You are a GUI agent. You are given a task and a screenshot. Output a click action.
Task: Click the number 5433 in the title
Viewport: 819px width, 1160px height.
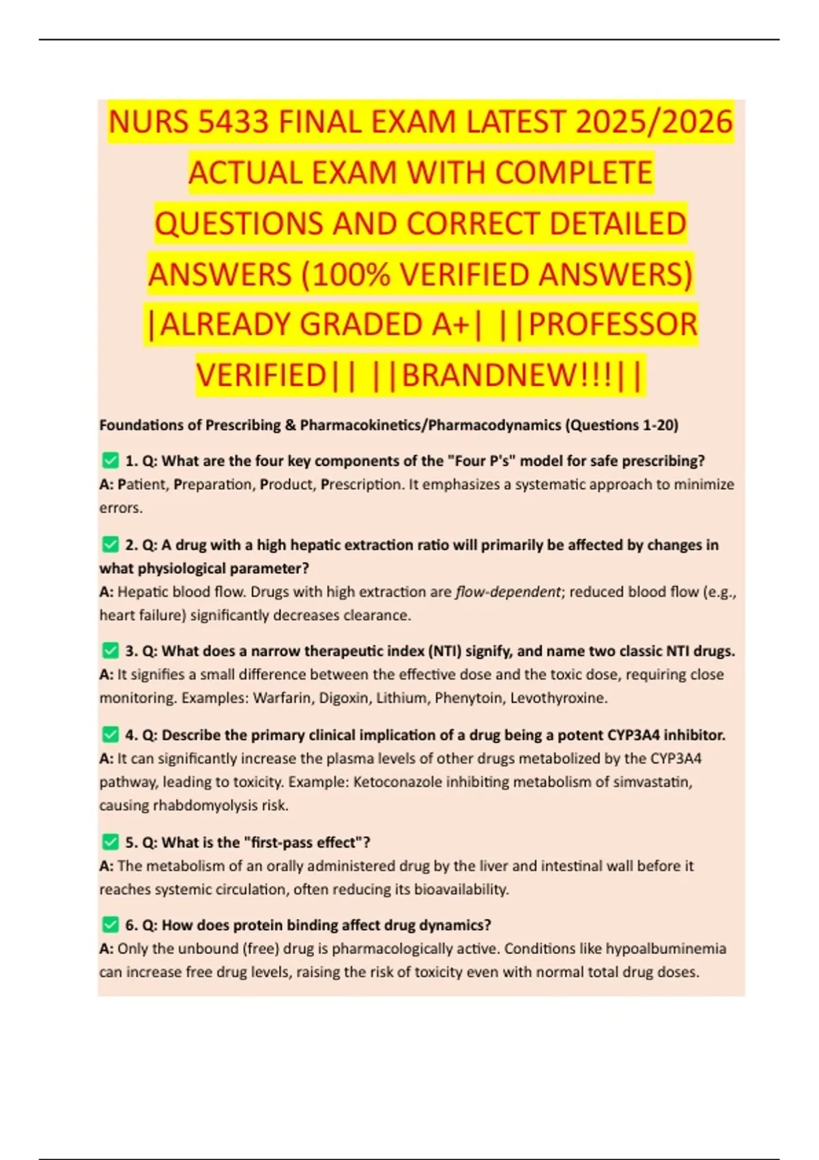(234, 123)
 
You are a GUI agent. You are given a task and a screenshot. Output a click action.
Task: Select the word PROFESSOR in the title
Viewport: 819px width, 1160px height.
(613, 325)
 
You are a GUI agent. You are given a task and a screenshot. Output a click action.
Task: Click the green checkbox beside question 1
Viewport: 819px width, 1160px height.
(110, 461)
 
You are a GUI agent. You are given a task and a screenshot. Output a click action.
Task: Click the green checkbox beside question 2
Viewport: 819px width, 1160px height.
(110, 545)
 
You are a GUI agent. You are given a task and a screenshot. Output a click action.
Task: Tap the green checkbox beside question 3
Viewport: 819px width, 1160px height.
(110, 650)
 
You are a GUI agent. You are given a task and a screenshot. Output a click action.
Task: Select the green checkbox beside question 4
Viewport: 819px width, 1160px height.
(110, 735)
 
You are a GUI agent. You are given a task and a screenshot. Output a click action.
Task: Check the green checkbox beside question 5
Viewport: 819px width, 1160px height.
(110, 842)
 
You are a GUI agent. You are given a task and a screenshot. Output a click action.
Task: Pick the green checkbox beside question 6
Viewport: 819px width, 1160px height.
(110, 925)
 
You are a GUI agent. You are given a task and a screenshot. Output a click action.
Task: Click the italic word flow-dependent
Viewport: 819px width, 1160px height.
(508, 592)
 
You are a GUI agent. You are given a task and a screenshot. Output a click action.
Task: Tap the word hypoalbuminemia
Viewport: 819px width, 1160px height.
(665, 948)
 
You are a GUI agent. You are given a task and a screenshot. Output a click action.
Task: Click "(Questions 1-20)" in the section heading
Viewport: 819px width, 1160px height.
(621, 425)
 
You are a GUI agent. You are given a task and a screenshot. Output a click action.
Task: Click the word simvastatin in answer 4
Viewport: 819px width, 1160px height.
(652, 782)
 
